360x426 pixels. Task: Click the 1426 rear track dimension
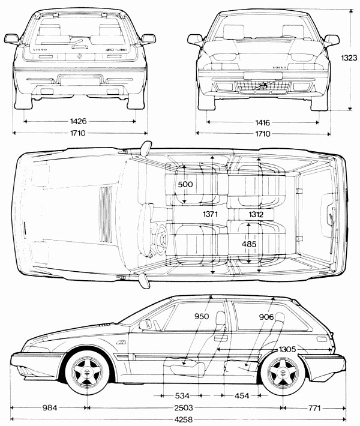(x=78, y=121)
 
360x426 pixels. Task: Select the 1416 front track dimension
(x=262, y=122)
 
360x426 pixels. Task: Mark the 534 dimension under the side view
(x=183, y=396)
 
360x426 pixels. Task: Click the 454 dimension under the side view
(x=242, y=396)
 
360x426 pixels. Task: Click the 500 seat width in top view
(x=185, y=185)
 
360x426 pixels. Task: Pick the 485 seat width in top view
(x=250, y=244)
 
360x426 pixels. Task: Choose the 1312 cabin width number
(x=253, y=214)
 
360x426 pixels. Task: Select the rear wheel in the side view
(x=281, y=373)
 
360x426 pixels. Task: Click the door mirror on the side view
(x=145, y=324)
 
